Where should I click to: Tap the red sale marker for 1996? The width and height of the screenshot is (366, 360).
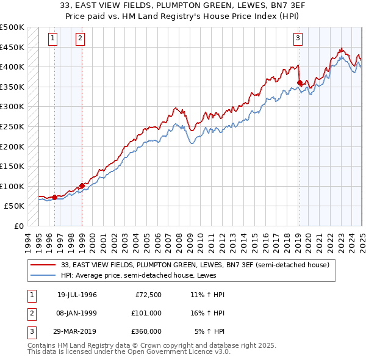[x=55, y=197]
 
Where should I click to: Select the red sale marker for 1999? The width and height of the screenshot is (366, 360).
[x=82, y=185]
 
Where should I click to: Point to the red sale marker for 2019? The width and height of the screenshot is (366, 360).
[x=300, y=82]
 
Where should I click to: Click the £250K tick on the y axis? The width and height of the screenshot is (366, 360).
[x=12, y=126]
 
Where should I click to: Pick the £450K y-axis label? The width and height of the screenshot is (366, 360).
[x=12, y=47]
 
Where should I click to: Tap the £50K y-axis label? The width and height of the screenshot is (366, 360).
[x=15, y=206]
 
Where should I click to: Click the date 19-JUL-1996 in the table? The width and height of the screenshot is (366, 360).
[x=77, y=295]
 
